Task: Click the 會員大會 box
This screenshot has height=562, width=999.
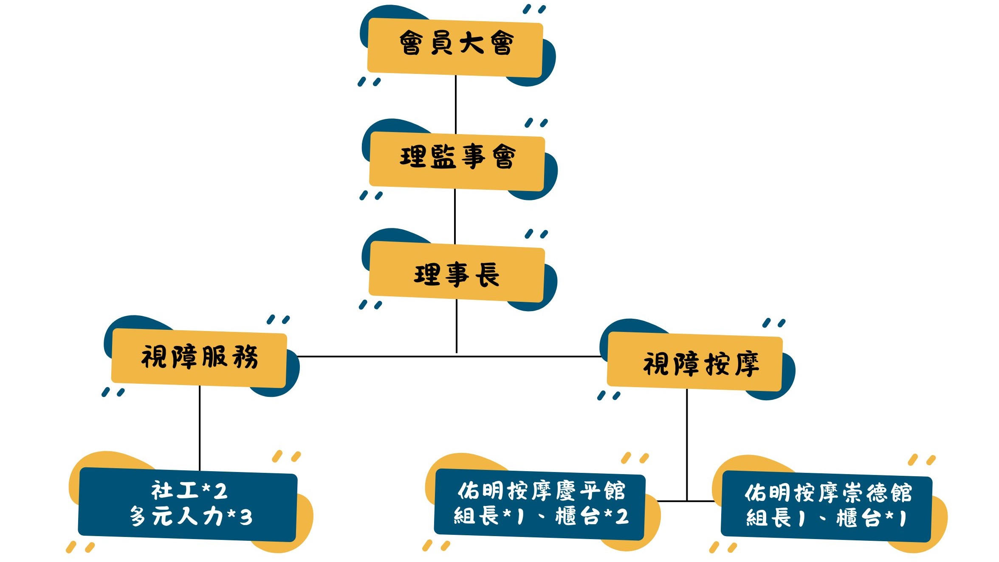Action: pos(455,47)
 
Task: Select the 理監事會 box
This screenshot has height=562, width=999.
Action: pos(457,161)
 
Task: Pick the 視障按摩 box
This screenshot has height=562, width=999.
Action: pos(695,363)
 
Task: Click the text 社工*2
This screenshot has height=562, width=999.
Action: pos(189,491)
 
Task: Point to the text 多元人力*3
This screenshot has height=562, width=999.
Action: pos(191,517)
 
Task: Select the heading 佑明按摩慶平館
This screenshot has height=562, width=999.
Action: pos(541,491)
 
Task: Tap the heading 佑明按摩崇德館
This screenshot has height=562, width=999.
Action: pos(828,492)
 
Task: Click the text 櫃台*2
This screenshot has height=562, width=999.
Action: pos(592,517)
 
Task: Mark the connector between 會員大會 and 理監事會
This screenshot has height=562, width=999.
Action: pos(456,104)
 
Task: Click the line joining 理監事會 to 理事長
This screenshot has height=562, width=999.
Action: pos(455,216)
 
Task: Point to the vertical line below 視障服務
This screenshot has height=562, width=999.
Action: pos(200,427)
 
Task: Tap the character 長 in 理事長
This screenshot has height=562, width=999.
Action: pos(487,275)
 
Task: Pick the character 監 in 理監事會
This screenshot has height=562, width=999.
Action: pos(443,157)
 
